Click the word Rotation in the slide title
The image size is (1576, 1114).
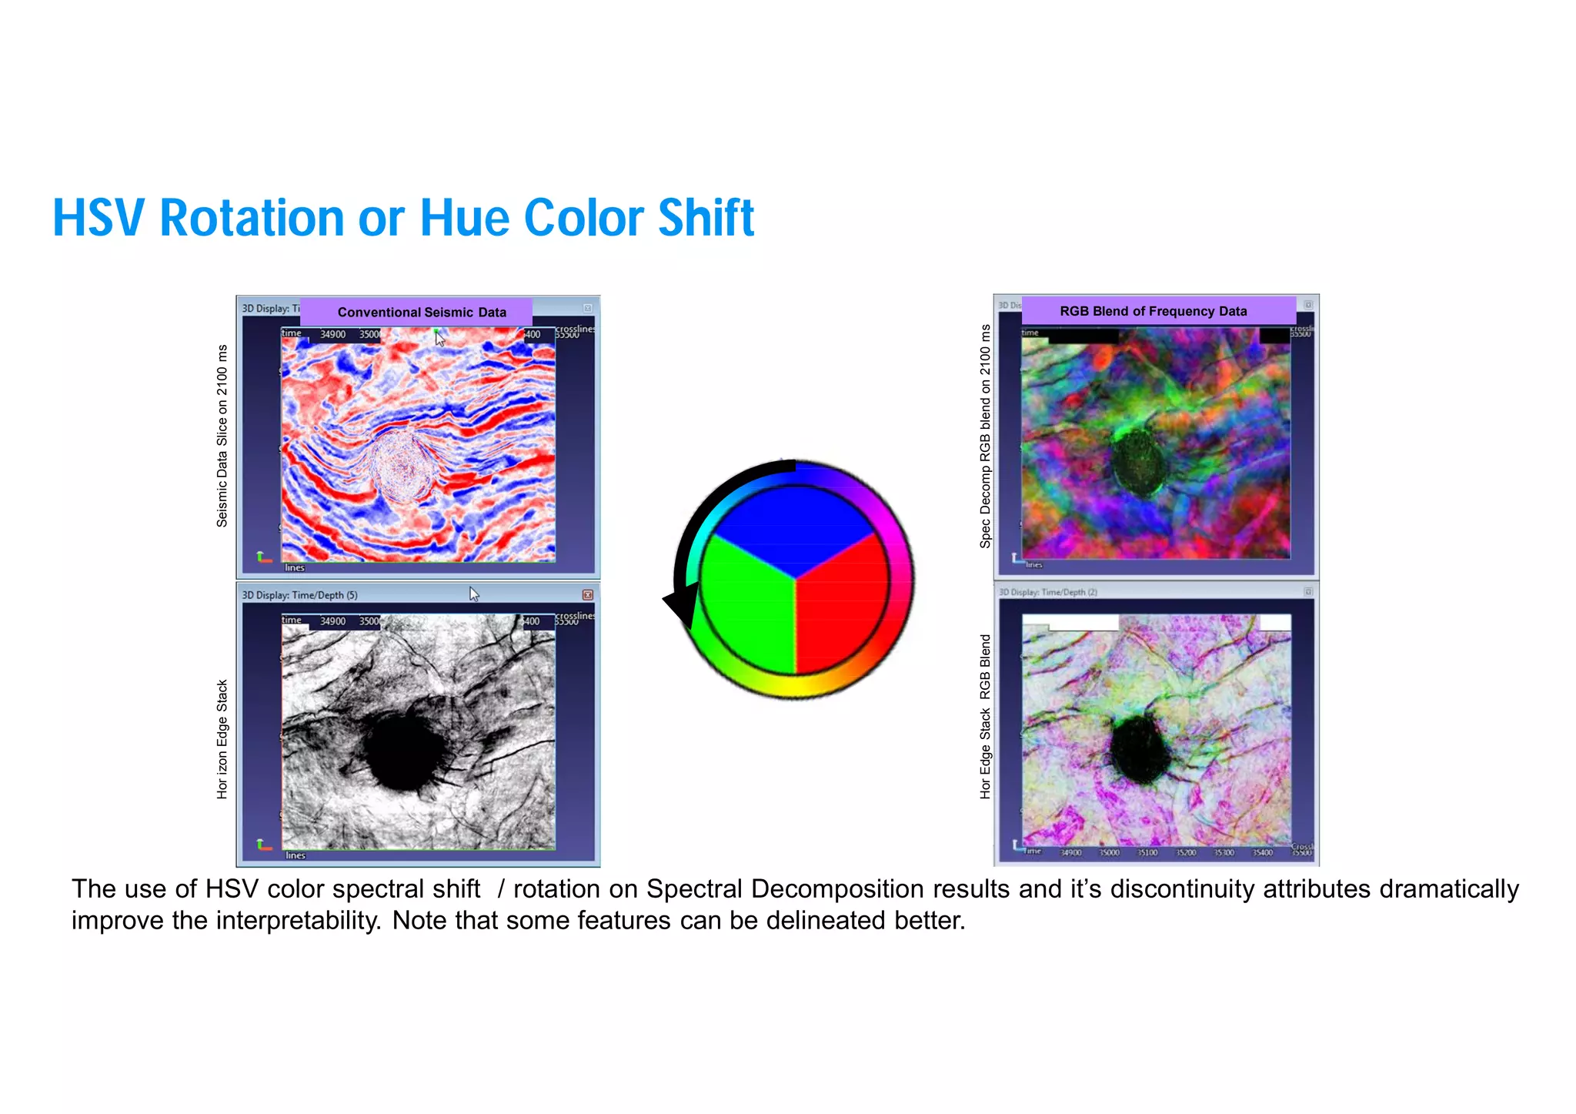pyautogui.click(x=252, y=219)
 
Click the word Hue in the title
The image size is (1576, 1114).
pyautogui.click(x=464, y=219)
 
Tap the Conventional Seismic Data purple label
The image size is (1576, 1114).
pyautogui.click(x=421, y=312)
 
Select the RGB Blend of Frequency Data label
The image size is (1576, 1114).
pyautogui.click(x=1153, y=311)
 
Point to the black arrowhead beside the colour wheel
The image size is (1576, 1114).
pyautogui.click(x=681, y=604)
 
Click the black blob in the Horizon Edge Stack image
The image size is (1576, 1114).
pyautogui.click(x=402, y=751)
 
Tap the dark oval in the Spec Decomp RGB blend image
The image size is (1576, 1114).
pyautogui.click(x=1138, y=462)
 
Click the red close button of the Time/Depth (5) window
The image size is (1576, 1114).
pyautogui.click(x=587, y=594)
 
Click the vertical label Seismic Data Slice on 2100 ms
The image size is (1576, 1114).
pyautogui.click(x=222, y=436)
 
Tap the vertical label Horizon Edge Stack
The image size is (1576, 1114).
pyautogui.click(x=222, y=738)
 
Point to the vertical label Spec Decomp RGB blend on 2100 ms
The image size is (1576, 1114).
pyautogui.click(x=985, y=436)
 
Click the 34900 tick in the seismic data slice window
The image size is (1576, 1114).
pyautogui.click(x=332, y=334)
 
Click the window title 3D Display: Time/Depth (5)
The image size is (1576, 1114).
pyautogui.click(x=299, y=595)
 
